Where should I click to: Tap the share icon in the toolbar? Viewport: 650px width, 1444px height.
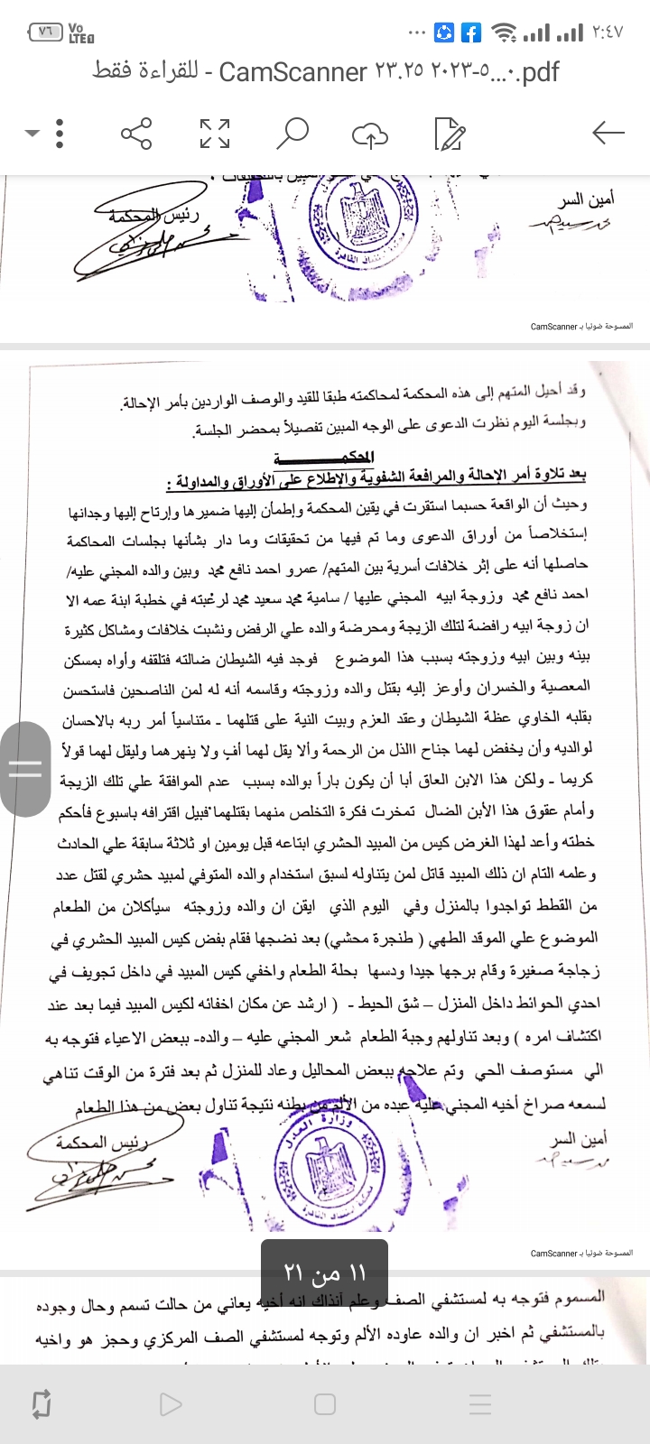(136, 134)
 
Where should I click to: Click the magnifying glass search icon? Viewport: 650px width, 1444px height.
(292, 134)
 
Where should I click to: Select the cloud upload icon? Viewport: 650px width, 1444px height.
(369, 134)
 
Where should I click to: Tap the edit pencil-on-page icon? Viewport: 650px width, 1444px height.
(449, 134)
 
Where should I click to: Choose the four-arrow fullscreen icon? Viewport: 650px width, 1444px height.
(215, 134)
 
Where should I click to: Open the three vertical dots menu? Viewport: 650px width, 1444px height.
(60, 134)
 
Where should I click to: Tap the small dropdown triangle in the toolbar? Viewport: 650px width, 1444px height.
(32, 134)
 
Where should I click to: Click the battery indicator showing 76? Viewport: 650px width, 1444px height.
(46, 32)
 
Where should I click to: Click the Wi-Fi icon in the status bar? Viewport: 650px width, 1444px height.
(503, 33)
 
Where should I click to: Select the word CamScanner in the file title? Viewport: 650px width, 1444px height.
(293, 71)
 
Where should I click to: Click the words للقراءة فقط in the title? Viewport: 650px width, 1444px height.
(145, 71)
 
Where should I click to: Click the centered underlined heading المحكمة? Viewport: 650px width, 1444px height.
(347, 458)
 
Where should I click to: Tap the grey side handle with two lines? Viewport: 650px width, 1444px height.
(24, 769)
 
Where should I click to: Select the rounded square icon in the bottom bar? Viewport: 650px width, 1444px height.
(325, 1404)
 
